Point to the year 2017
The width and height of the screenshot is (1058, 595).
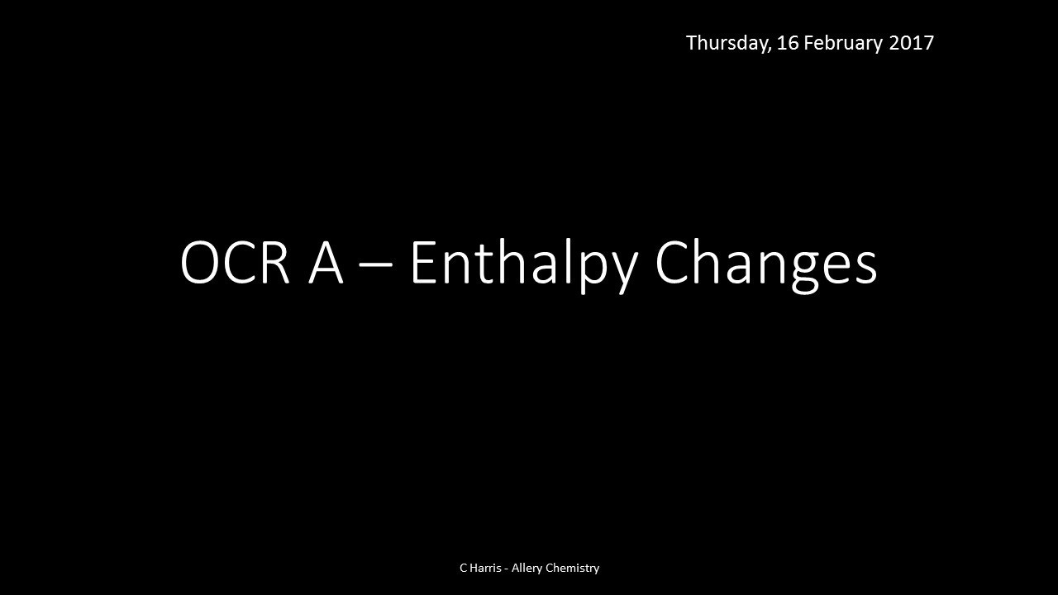[x=911, y=43]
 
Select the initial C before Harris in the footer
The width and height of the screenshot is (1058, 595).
[x=463, y=568]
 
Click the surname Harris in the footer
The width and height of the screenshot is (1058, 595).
[x=485, y=568]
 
